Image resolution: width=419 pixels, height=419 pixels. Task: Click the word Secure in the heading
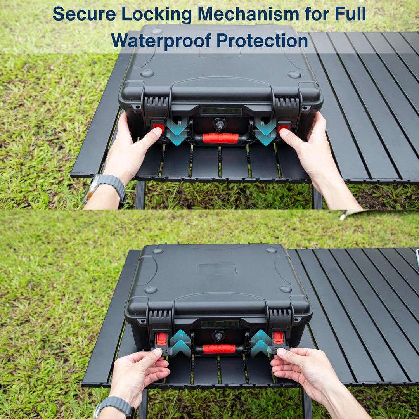click(84, 14)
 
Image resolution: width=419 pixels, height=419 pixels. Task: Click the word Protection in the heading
click(262, 40)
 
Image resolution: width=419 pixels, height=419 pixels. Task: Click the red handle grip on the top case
click(220, 138)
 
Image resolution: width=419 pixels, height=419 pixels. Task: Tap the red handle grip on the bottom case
click(219, 349)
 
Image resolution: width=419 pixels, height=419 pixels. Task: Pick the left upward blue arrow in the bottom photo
click(181, 343)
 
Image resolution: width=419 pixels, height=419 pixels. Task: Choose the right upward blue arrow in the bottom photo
click(261, 343)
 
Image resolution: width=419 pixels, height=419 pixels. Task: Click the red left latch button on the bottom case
click(161, 339)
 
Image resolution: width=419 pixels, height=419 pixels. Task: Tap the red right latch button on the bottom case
click(278, 338)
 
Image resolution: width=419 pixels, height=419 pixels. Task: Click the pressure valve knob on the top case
click(220, 124)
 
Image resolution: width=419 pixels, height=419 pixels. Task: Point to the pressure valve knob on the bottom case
click(218, 336)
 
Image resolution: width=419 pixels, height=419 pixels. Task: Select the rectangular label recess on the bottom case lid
click(217, 268)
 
